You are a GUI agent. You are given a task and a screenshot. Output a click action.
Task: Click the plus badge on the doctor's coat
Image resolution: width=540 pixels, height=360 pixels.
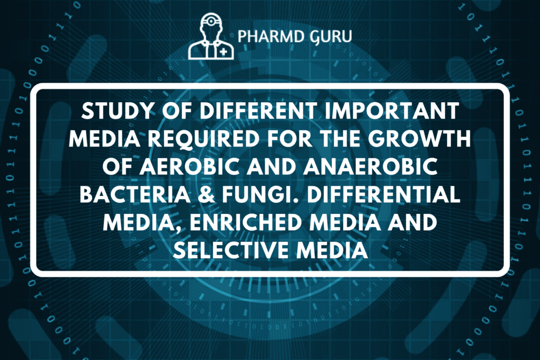click(x=224, y=52)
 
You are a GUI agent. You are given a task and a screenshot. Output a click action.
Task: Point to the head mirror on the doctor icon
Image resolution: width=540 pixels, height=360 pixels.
click(x=211, y=21)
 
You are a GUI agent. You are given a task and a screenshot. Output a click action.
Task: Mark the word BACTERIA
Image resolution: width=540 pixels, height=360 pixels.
click(x=135, y=194)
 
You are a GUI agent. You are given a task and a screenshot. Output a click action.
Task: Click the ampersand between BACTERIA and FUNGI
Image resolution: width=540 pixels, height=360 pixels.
click(x=206, y=194)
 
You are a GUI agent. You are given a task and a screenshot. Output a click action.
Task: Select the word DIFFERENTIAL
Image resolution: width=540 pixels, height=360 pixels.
click(x=383, y=194)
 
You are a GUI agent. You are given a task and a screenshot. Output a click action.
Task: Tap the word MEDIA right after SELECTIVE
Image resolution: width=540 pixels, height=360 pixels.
click(x=332, y=250)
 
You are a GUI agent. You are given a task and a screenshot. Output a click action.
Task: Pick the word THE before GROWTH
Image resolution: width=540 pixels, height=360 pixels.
click(x=340, y=138)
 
